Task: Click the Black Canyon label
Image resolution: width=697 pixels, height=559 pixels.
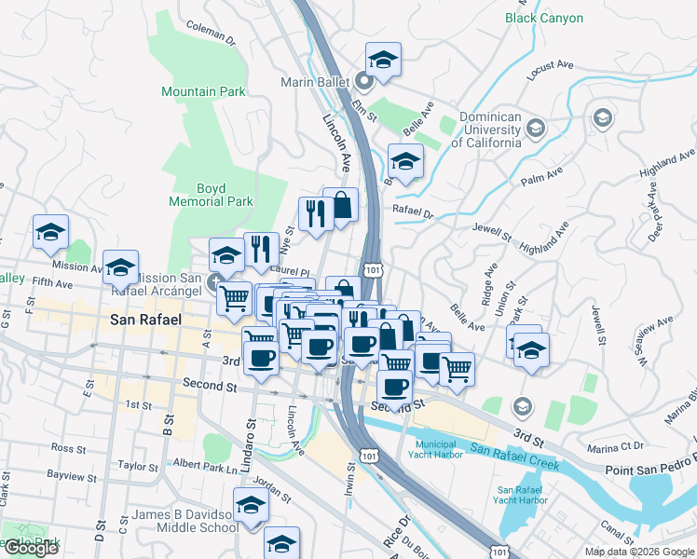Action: (543, 18)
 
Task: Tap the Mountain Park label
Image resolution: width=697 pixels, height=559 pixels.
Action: (203, 91)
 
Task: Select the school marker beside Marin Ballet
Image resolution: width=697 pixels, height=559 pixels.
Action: (382, 61)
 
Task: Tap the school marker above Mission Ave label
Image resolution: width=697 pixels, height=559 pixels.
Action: (50, 233)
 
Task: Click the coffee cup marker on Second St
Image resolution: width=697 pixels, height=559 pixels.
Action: (393, 384)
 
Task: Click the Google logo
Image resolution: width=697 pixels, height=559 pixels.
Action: (31, 548)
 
